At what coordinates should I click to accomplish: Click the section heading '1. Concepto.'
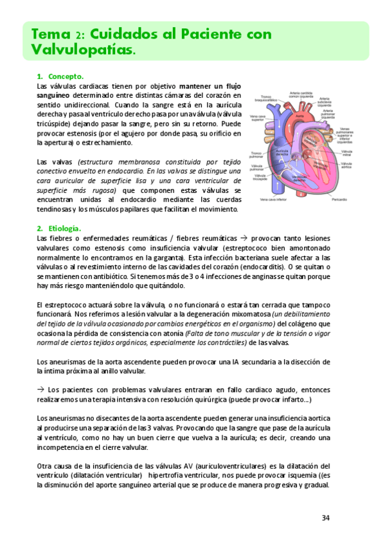[60, 76]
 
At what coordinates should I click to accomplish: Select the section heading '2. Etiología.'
[58, 228]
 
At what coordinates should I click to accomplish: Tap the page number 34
[326, 517]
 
